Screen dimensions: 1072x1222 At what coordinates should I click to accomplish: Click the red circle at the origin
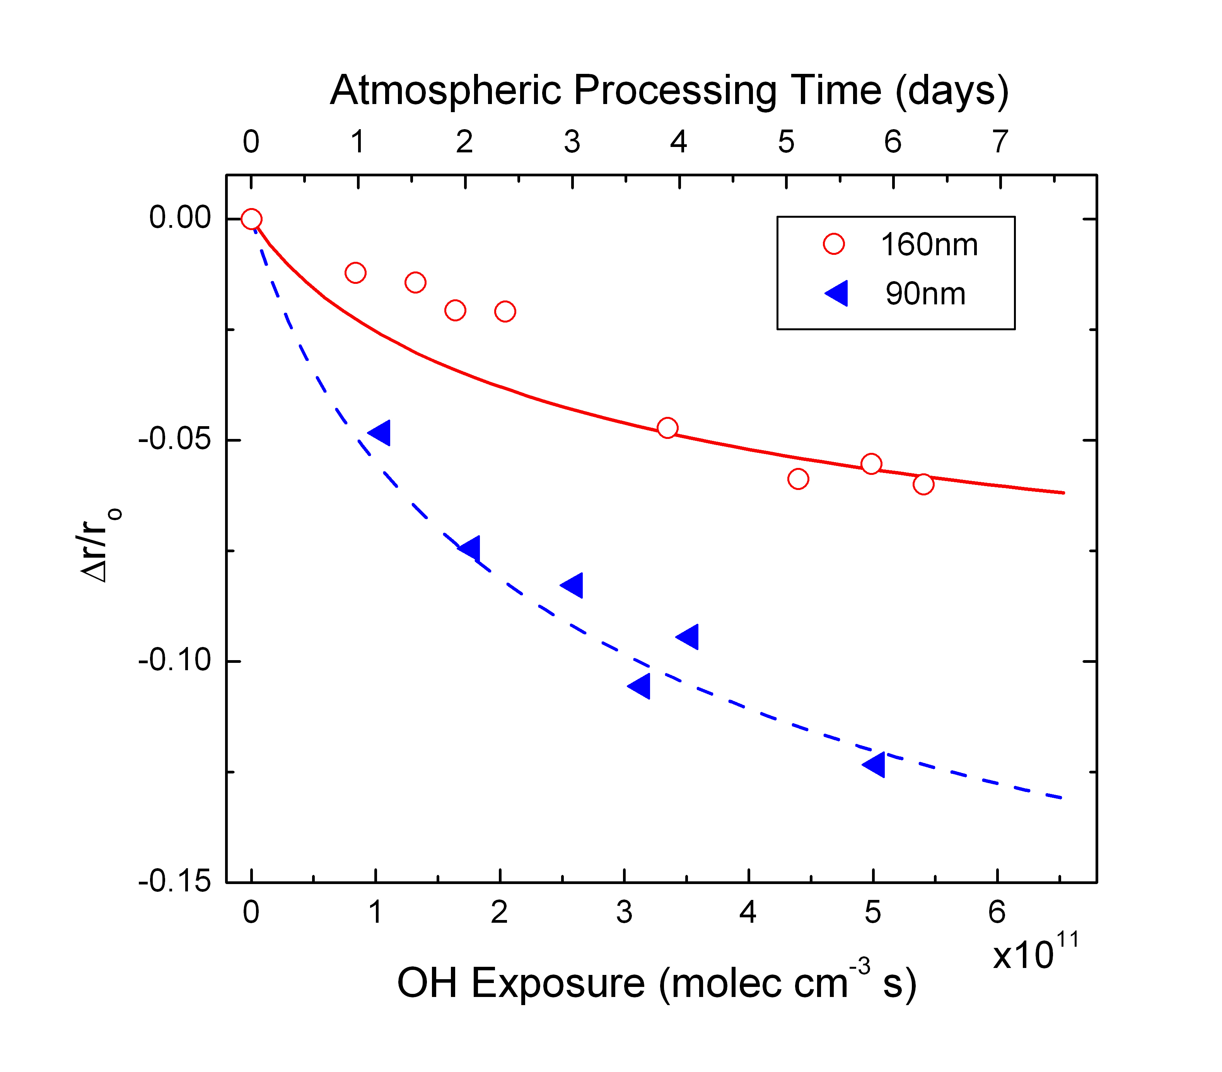[251, 219]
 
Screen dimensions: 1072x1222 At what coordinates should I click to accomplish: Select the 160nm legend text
[929, 244]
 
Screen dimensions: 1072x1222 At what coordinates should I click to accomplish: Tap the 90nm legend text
[925, 294]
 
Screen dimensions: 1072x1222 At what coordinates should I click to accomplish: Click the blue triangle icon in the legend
[837, 293]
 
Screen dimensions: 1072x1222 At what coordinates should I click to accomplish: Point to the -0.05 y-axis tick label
[174, 439]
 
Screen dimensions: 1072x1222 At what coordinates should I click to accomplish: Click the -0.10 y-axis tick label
[174, 661]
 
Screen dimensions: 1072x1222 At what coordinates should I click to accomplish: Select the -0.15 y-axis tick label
[174, 882]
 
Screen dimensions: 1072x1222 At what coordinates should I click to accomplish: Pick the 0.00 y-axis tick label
[180, 218]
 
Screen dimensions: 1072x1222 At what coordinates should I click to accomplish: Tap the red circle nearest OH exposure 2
[505, 311]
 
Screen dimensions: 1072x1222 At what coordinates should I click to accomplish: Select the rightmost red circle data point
[923, 484]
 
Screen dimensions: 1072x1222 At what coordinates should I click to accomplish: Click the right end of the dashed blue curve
[1061, 797]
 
